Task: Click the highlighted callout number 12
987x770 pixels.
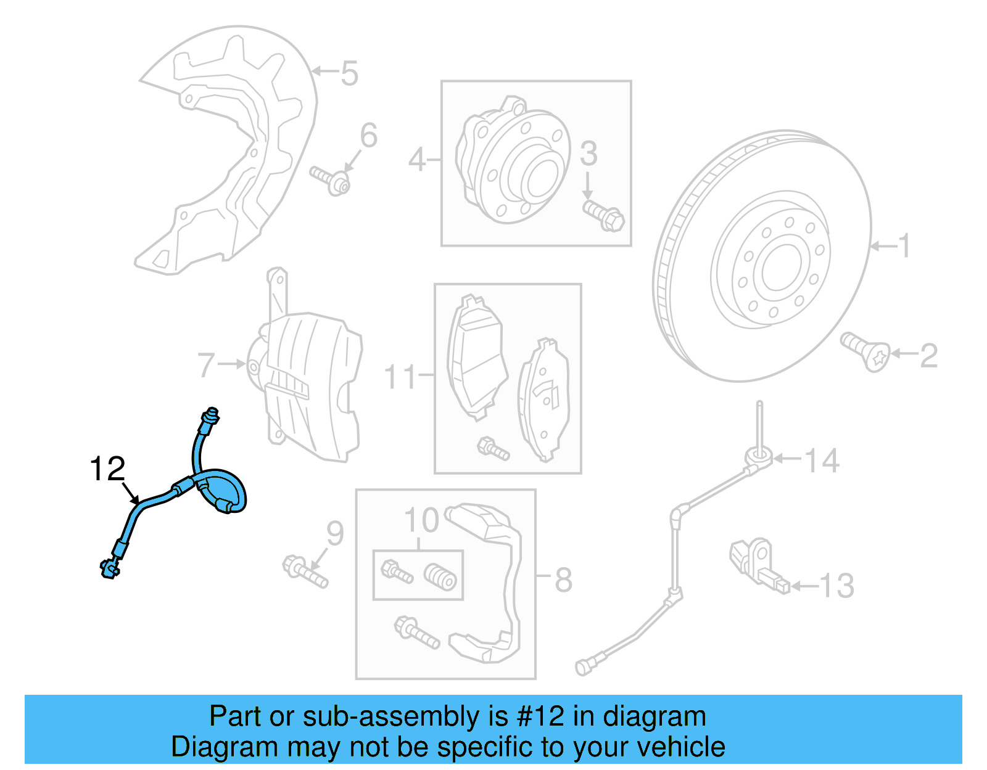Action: click(x=107, y=469)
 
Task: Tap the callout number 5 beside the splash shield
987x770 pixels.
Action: click(x=349, y=73)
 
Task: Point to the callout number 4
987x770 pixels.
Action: click(x=417, y=160)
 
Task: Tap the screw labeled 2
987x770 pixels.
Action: click(x=866, y=352)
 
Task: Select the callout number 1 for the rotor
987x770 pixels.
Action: click(x=904, y=246)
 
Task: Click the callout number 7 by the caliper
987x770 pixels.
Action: click(x=206, y=364)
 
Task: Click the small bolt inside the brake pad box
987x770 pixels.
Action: click(x=493, y=448)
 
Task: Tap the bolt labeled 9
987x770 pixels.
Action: click(x=305, y=571)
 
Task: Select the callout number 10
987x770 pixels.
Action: click(x=421, y=521)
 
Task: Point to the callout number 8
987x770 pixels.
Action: click(x=563, y=580)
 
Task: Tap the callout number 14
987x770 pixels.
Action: click(x=822, y=461)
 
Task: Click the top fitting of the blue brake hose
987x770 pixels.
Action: click(x=210, y=418)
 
